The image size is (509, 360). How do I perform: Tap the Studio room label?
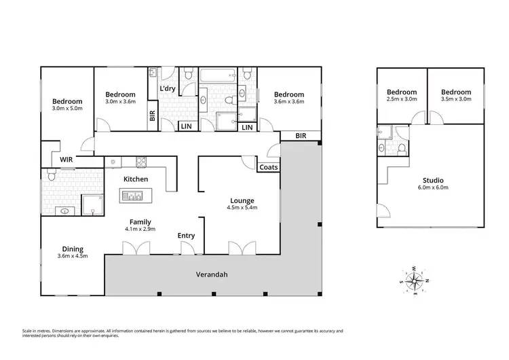[x=432, y=180]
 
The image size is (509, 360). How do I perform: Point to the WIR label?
[x=67, y=160]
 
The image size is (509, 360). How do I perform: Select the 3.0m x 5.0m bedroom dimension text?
[x=67, y=109]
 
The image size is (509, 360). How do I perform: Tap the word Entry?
[x=186, y=235]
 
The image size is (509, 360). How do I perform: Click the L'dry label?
[x=168, y=89]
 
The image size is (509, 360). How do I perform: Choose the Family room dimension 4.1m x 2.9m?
[x=141, y=230]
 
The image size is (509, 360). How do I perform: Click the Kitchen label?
[x=136, y=179]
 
